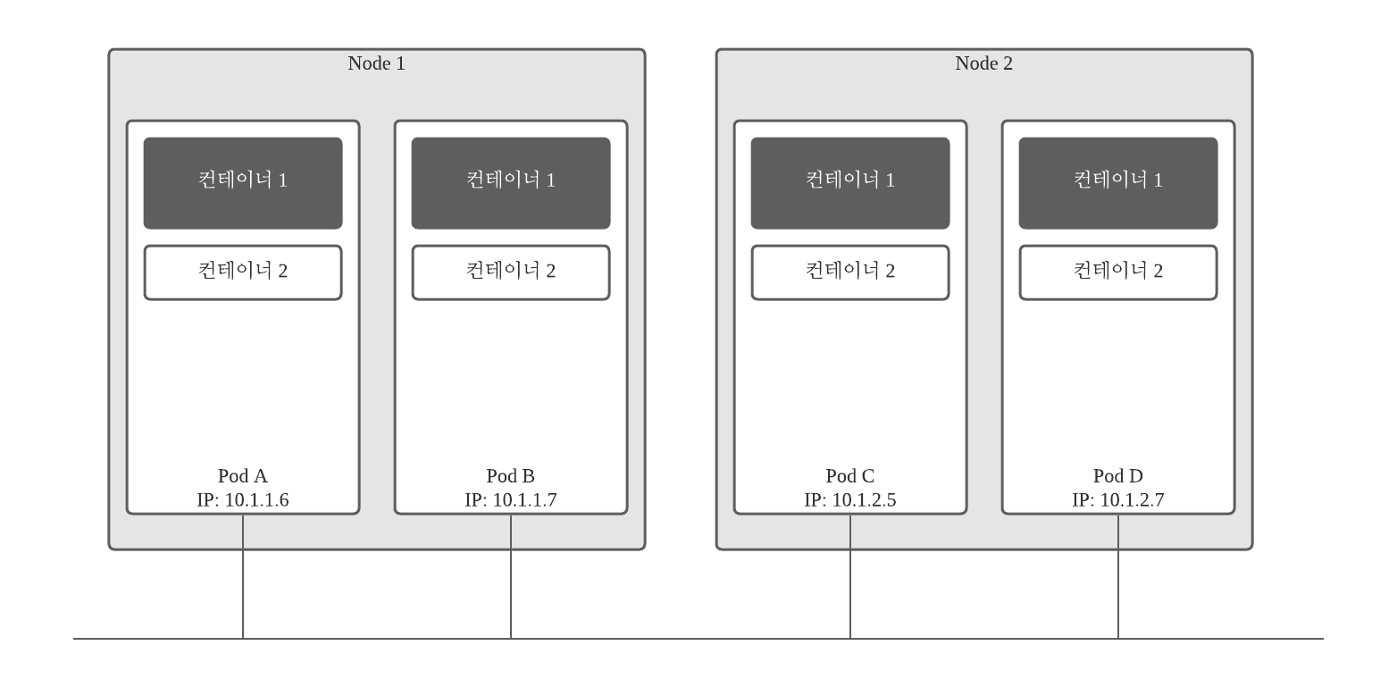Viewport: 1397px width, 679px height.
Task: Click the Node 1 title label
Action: point(376,63)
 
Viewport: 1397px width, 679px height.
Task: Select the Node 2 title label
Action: point(983,63)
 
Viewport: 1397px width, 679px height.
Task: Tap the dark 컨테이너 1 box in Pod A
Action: point(243,182)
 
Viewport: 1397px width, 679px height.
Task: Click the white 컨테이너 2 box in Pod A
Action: point(243,272)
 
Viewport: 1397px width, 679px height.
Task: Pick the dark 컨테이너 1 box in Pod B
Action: point(511,182)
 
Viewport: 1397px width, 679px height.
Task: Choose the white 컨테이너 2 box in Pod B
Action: point(511,272)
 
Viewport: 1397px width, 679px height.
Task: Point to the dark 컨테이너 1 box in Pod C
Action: point(850,182)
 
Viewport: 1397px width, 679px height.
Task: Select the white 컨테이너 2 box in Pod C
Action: point(850,272)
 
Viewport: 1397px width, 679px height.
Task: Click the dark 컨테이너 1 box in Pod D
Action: point(1118,182)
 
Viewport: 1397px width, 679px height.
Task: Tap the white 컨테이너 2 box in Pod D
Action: point(1118,272)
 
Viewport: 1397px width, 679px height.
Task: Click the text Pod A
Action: point(243,476)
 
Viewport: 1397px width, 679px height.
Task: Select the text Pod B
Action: point(511,476)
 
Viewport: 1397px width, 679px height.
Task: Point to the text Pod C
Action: point(850,476)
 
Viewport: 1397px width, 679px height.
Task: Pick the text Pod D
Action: point(1118,476)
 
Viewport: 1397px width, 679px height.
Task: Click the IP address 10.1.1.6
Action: point(256,499)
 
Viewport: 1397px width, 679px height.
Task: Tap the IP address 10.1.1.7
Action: point(524,499)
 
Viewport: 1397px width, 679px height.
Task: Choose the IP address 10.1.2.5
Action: point(864,499)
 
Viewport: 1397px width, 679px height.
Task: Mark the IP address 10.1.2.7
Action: point(1132,499)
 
